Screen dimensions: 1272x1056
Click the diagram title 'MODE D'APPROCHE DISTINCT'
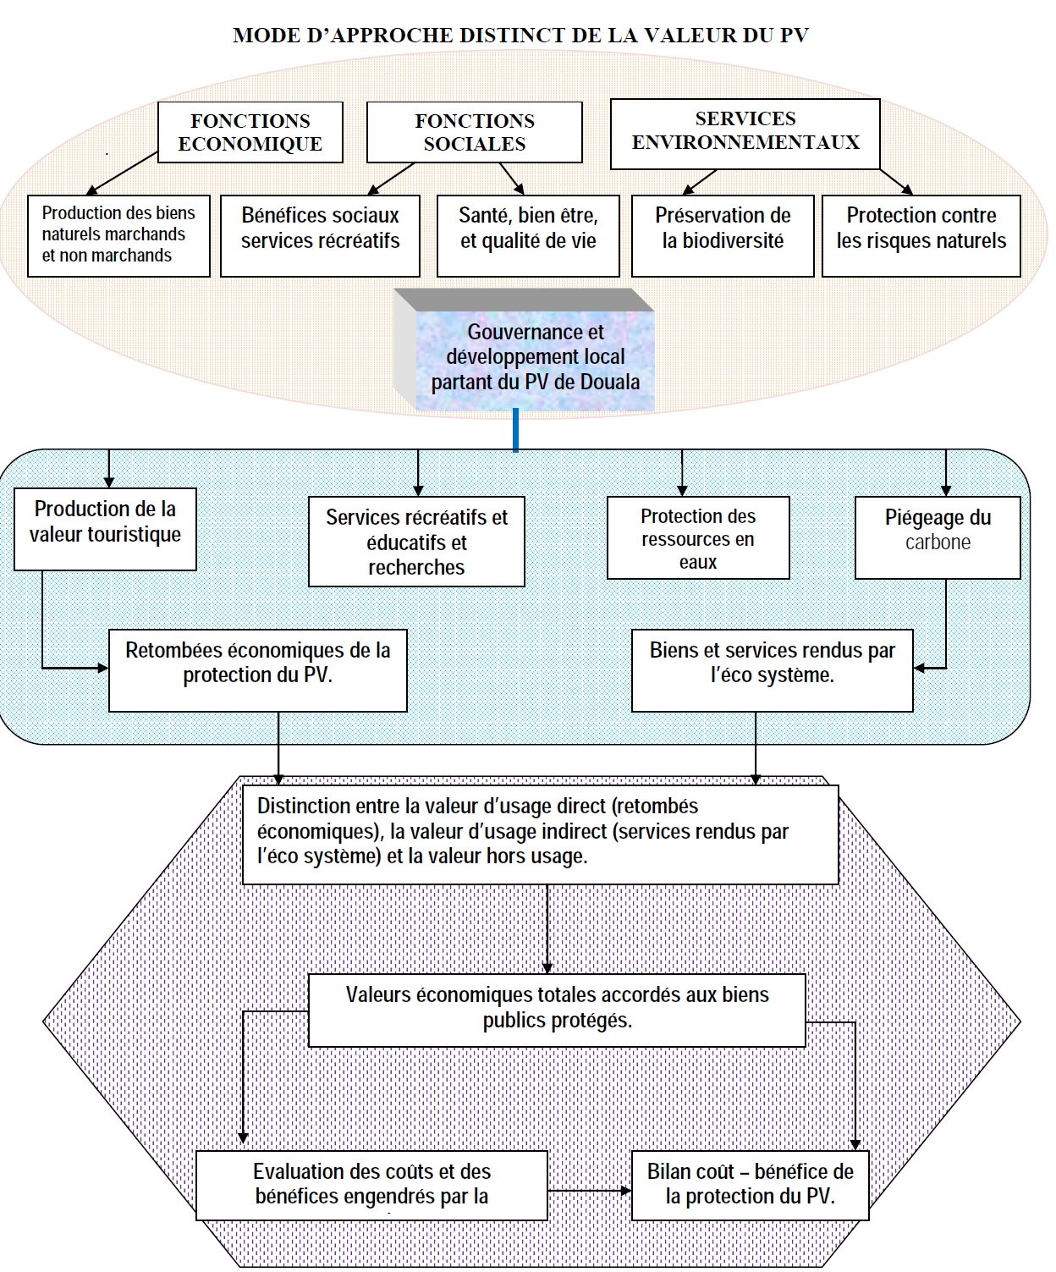click(x=520, y=36)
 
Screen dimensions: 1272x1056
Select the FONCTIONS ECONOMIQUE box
click(x=250, y=133)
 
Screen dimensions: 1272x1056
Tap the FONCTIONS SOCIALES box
click(x=475, y=133)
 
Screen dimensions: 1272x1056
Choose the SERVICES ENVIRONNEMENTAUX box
click(x=745, y=131)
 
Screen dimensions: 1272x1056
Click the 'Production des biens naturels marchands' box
click(x=118, y=235)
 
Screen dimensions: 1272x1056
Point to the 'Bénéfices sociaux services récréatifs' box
click(x=320, y=235)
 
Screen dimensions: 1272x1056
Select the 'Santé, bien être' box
click(x=528, y=235)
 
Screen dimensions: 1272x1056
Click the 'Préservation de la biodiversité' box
click(x=723, y=235)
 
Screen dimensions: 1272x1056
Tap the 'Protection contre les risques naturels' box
click(x=921, y=235)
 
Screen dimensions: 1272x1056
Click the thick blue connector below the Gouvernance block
click(x=515, y=430)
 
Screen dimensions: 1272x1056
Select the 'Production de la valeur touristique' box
click(x=105, y=528)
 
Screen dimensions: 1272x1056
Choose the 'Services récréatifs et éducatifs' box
click(x=416, y=542)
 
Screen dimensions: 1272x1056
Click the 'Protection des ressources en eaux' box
click(x=698, y=538)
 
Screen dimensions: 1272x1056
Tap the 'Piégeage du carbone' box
click(x=938, y=537)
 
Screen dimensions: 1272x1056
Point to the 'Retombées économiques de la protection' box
click(x=258, y=669)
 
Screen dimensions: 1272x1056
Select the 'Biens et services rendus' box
click(x=772, y=669)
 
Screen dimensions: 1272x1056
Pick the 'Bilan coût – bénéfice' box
click(x=750, y=1185)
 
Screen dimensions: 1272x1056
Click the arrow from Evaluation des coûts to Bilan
click(x=590, y=1191)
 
